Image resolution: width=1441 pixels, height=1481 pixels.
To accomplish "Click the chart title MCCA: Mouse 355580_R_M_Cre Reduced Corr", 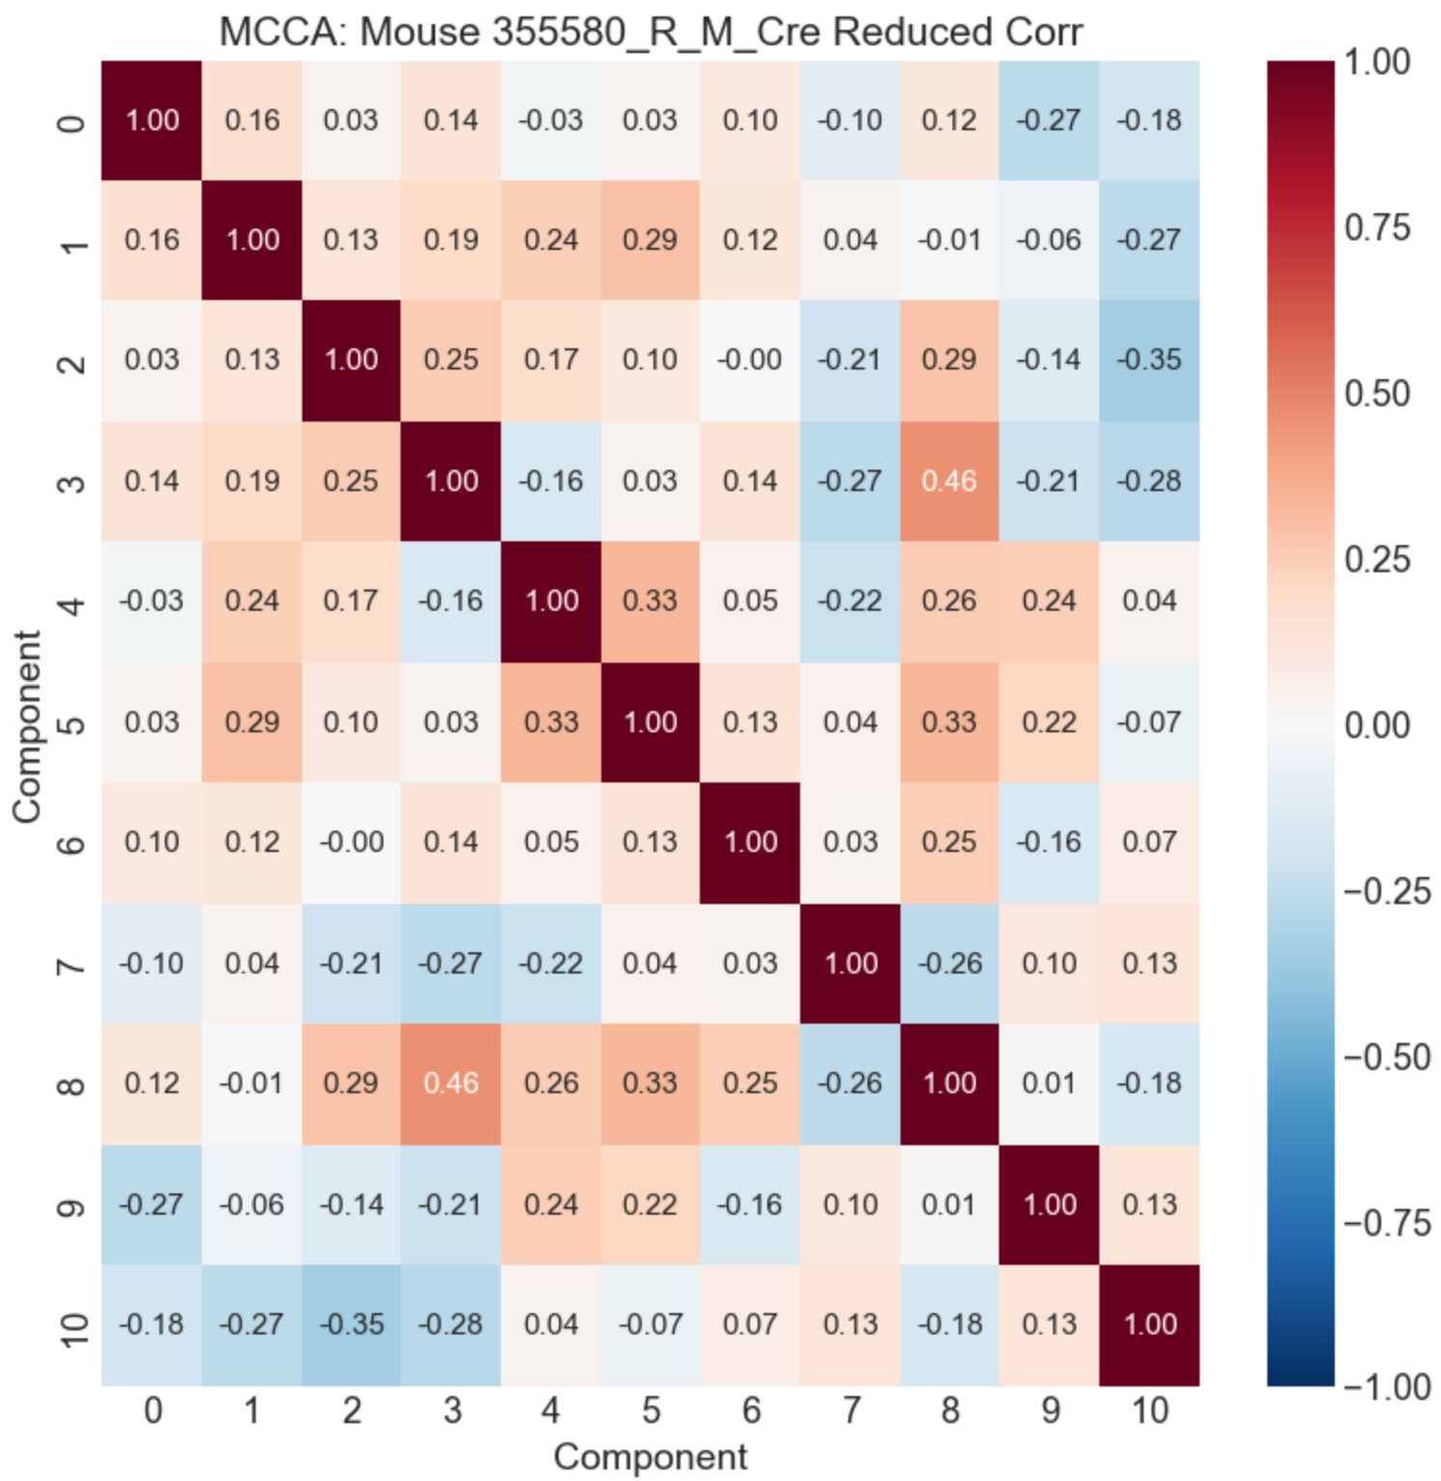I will [x=650, y=32].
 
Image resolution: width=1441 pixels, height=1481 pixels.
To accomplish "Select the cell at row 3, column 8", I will [x=950, y=480].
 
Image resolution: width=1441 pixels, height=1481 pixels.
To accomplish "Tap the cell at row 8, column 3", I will [x=452, y=1083].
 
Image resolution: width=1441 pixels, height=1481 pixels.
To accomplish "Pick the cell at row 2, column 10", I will [x=1150, y=360].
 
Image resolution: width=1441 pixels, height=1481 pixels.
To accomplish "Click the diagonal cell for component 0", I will [x=152, y=120].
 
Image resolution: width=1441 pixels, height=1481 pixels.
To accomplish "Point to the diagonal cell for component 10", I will [x=1150, y=1324].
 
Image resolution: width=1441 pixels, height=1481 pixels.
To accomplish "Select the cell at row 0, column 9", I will [x=1049, y=120].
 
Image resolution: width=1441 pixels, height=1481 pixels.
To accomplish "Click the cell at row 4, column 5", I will [x=651, y=601].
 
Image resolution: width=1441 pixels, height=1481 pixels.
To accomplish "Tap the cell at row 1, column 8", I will [x=950, y=239].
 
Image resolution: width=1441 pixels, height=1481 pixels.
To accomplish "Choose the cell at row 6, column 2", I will [x=351, y=842].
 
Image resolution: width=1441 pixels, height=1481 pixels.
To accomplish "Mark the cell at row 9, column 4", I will [x=551, y=1204].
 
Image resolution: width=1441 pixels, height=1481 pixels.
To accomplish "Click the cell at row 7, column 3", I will [x=452, y=963].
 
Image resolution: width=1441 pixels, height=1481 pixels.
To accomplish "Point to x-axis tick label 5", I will [x=651, y=1411].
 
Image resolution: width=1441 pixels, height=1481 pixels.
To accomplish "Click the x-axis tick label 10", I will [x=1150, y=1411].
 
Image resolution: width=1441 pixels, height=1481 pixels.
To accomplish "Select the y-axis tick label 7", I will [x=73, y=964].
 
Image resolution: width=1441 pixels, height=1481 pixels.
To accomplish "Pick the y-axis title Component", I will [x=27, y=726].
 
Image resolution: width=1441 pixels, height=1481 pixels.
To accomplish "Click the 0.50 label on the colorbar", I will [x=1377, y=394].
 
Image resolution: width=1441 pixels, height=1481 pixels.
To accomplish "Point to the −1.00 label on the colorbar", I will [x=1386, y=1387].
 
